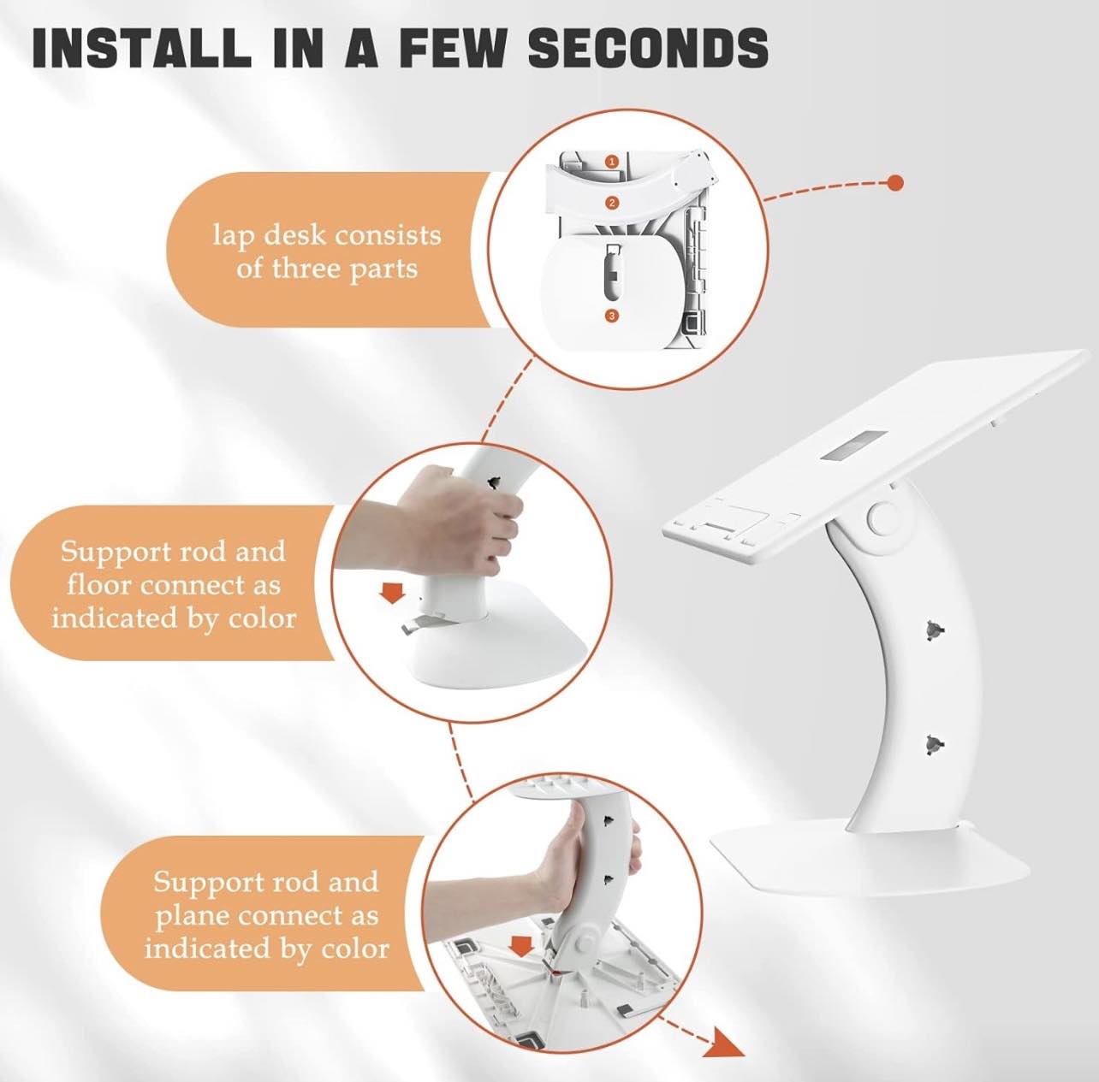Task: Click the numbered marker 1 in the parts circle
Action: click(613, 162)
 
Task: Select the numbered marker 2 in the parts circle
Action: click(613, 203)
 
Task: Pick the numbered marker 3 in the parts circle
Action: click(613, 316)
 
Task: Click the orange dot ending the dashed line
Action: click(896, 183)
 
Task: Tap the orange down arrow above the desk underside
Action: click(519, 945)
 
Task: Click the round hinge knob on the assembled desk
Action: click(882, 517)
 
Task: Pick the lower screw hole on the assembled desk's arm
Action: click(934, 742)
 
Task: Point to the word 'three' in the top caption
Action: click(308, 268)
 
